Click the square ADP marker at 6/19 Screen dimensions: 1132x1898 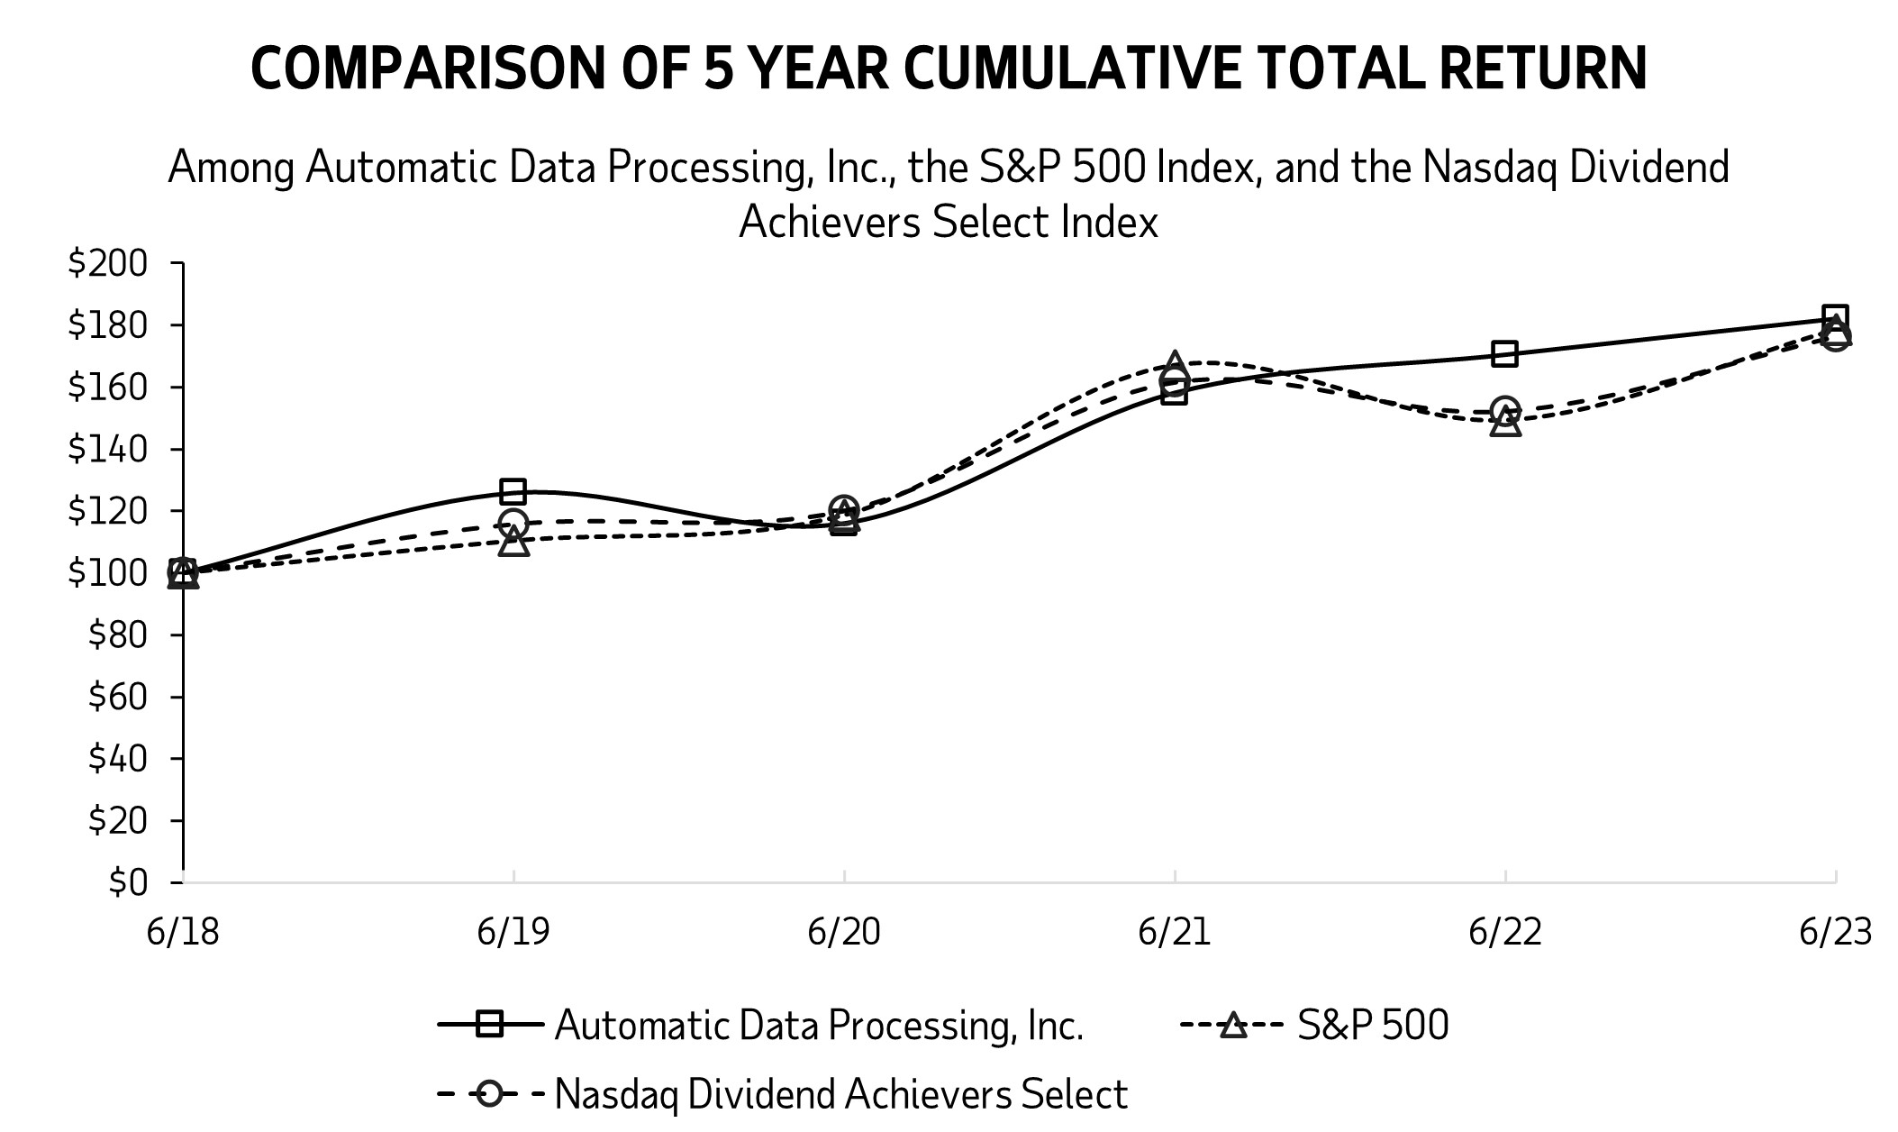point(513,491)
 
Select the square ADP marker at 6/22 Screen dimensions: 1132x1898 point(1504,353)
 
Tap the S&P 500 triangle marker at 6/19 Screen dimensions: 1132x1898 point(513,542)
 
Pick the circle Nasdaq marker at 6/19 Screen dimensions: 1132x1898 point(513,523)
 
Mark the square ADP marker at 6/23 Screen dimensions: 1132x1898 point(1835,318)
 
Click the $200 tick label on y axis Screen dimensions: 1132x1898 point(107,264)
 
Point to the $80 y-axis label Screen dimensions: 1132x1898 point(117,635)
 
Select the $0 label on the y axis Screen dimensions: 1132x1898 point(127,882)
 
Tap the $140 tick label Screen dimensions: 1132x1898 point(107,450)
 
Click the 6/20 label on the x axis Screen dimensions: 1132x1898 point(843,932)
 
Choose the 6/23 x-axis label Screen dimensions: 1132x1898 point(1835,932)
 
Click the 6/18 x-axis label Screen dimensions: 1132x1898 point(183,932)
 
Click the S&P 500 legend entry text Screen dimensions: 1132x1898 point(1373,1026)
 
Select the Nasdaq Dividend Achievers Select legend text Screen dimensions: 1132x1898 point(840,1094)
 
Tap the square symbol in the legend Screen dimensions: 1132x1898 point(489,1025)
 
